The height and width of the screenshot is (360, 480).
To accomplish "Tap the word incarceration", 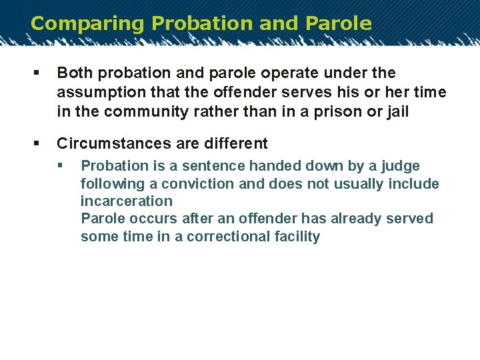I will point(126,201).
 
